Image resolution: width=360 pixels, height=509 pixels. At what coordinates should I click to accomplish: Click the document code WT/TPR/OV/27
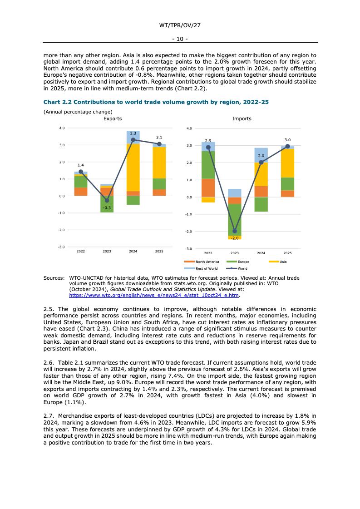tap(180, 25)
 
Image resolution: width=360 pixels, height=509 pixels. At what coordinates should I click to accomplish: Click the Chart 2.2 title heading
tap(156, 102)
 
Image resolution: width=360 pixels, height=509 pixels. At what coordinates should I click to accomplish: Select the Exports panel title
tap(113, 119)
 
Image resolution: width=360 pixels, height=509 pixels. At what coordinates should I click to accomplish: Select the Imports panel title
tap(242, 119)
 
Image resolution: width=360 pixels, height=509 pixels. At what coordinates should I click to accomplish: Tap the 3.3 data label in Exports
tap(133, 133)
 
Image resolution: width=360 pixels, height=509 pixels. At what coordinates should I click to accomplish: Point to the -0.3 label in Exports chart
tap(107, 208)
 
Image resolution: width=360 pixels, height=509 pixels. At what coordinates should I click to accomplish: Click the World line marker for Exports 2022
tap(81, 172)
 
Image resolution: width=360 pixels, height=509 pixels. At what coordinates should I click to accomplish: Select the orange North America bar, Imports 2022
tap(208, 188)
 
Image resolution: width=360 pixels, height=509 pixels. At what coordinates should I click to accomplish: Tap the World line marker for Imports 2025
tap(287, 146)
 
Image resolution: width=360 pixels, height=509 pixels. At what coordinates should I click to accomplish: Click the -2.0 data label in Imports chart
tap(235, 238)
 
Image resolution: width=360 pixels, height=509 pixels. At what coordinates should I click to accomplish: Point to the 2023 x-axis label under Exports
tap(107, 251)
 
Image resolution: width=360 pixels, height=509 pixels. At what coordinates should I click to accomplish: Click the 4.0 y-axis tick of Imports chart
tap(189, 128)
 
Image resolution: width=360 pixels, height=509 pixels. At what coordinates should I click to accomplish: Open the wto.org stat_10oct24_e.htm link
tap(154, 295)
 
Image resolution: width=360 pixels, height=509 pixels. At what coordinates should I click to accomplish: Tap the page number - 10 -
tap(180, 39)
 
